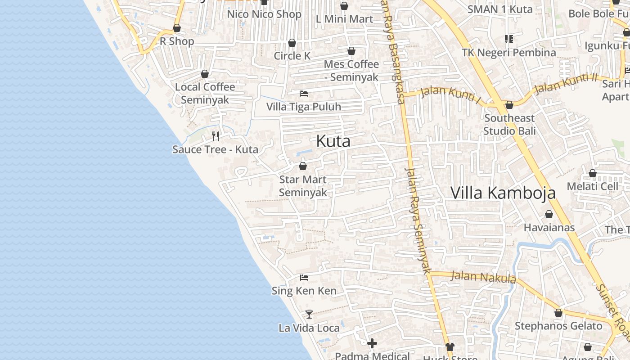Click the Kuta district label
333,141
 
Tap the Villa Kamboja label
503,193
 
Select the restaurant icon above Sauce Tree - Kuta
216,136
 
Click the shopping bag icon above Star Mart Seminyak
303,166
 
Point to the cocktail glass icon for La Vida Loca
309,314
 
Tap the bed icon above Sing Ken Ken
304,278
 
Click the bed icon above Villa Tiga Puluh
304,94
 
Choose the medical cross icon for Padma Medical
372,344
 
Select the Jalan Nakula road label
483,277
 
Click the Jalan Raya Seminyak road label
418,220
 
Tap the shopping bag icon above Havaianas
549,214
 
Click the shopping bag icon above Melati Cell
593,173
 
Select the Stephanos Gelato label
558,326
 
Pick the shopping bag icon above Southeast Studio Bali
509,105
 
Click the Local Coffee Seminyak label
205,93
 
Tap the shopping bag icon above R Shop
177,28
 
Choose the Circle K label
292,56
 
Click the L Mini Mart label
344,19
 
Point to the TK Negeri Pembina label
509,53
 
